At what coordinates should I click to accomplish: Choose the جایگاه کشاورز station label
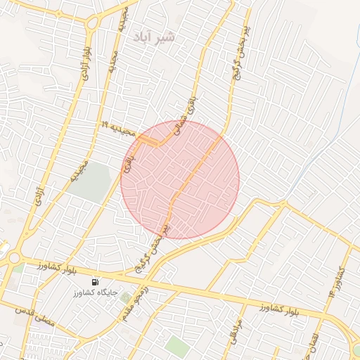tap(95, 291)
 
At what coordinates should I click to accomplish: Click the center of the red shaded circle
tap(180, 179)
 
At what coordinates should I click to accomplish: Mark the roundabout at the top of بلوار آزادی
tap(92, 23)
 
